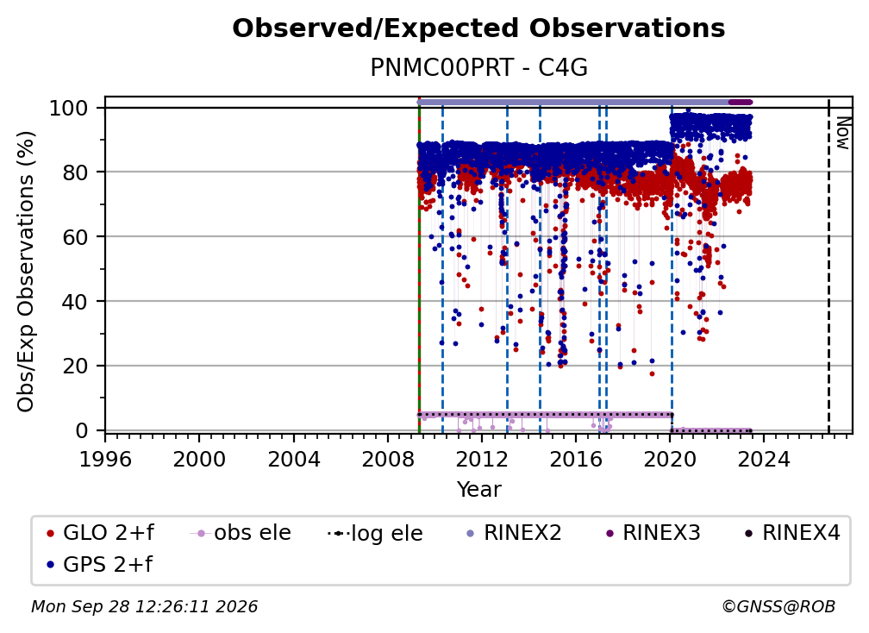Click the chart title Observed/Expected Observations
[x=478, y=28]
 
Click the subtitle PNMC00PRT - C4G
[x=478, y=67]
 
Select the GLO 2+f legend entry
[x=101, y=533]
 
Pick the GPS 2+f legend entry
[x=100, y=564]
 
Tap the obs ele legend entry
[x=241, y=533]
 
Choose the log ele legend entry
[x=375, y=533]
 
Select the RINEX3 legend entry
[x=653, y=533]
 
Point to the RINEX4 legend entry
[x=792, y=533]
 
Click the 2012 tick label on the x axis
[x=482, y=460]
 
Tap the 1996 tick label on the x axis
[x=105, y=460]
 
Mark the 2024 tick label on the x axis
[x=764, y=460]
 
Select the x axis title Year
[x=478, y=490]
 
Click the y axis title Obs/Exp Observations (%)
[x=26, y=271]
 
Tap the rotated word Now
[x=843, y=133]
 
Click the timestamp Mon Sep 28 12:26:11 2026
[x=145, y=606]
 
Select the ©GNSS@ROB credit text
[x=778, y=606]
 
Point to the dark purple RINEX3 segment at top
[x=740, y=102]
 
